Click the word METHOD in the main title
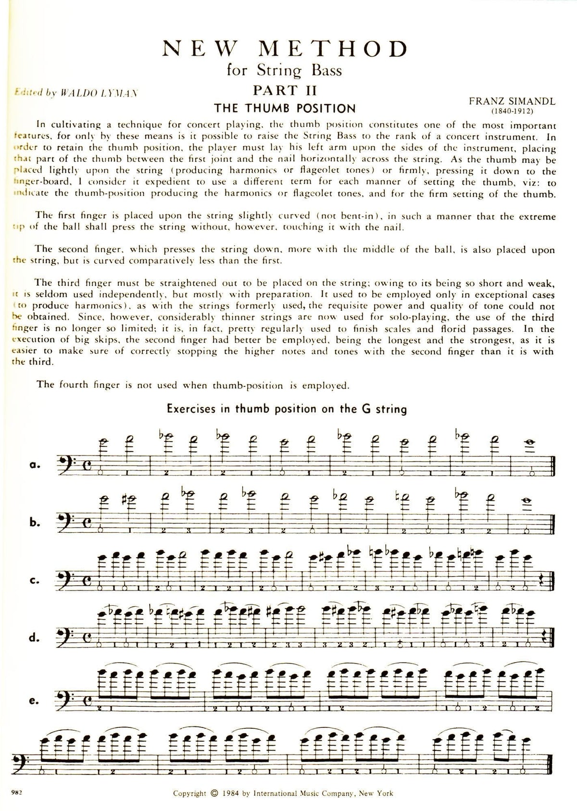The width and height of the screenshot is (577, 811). [x=333, y=49]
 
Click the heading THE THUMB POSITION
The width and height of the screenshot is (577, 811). [x=285, y=108]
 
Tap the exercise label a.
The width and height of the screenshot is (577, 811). [x=34, y=465]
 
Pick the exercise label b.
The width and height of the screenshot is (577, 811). [x=34, y=522]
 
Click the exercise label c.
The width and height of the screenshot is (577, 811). [x=34, y=580]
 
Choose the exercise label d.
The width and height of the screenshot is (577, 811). [x=34, y=638]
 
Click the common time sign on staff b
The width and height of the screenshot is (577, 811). [x=87, y=522]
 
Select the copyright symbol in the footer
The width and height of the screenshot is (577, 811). [x=214, y=793]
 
